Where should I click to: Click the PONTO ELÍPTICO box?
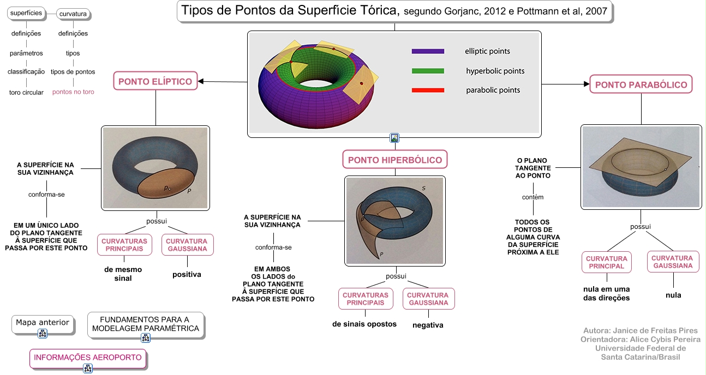(x=155, y=81)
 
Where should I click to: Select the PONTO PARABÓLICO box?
(x=641, y=84)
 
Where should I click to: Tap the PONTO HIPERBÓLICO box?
(x=395, y=160)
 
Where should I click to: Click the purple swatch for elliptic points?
(x=428, y=51)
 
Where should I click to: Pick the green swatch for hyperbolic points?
(x=428, y=71)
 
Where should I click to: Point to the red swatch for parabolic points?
(x=428, y=90)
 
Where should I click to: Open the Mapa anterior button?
(x=43, y=324)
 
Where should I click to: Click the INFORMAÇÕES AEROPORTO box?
(x=88, y=358)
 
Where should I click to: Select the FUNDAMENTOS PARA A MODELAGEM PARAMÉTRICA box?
(x=146, y=325)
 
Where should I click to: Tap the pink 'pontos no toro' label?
(x=73, y=92)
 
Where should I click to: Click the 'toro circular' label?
(x=26, y=93)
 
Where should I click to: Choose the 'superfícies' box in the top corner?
(x=26, y=13)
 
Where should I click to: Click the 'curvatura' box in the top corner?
(x=73, y=14)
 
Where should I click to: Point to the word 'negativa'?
(x=428, y=325)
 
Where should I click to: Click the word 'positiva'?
(x=187, y=275)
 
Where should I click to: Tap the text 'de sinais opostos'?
(x=364, y=324)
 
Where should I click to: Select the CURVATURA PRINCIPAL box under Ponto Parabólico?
(x=607, y=262)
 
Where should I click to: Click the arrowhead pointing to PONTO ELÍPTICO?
(x=200, y=82)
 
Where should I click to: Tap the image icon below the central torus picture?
(x=394, y=138)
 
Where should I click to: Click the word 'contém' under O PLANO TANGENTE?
(x=533, y=197)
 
